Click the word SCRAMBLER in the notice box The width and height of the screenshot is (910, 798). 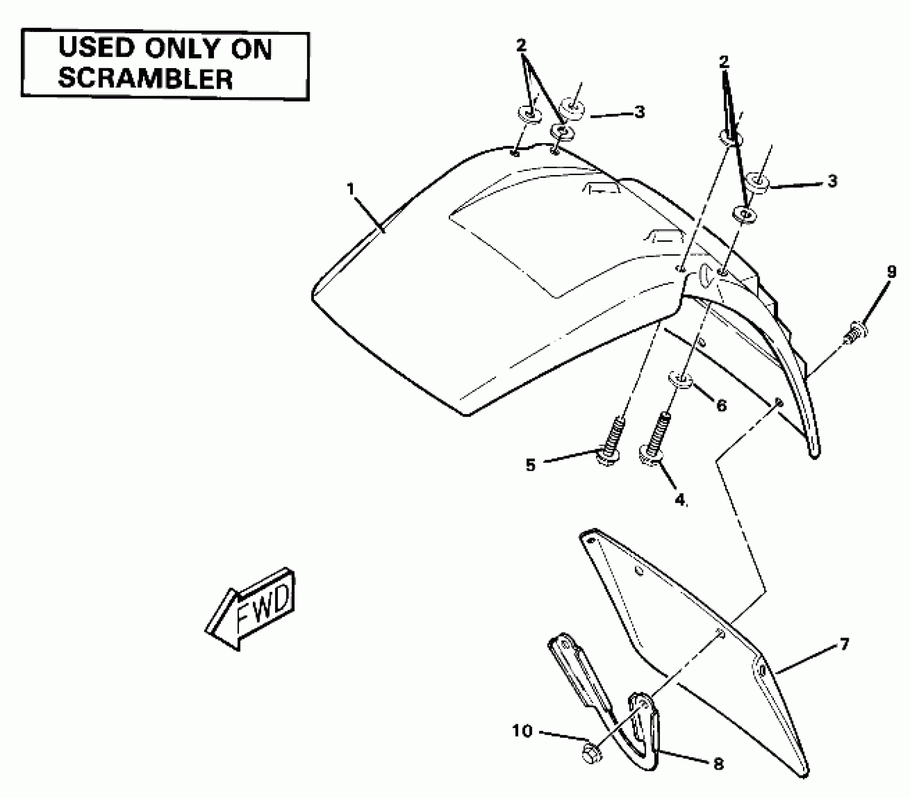[145, 79]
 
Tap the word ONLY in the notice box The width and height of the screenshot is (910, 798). [182, 48]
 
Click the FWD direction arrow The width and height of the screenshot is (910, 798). [251, 609]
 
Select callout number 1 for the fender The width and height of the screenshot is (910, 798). [351, 189]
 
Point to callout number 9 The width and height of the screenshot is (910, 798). [891, 272]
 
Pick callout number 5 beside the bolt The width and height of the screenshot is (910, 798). [530, 465]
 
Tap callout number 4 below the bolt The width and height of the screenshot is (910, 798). [680, 499]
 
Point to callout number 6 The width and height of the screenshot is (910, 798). [721, 405]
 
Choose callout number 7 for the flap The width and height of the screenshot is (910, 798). [844, 645]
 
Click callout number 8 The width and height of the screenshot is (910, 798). [719, 764]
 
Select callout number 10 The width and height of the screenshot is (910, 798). [522, 730]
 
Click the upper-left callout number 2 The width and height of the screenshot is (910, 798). [521, 46]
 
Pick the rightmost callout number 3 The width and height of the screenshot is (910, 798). [832, 181]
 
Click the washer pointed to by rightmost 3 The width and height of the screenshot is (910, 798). [757, 182]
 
